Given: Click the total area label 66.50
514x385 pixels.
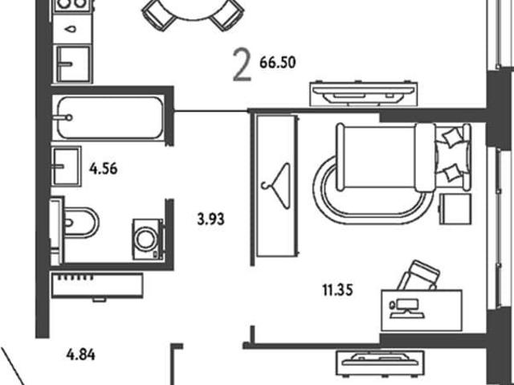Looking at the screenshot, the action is [278, 63].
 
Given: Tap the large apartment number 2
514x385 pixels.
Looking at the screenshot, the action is [243, 64].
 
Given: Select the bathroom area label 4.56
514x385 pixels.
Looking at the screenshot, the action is [104, 169].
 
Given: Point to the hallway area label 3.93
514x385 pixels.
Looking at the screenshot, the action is [210, 219].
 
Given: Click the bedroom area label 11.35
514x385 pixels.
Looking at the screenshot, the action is [337, 290].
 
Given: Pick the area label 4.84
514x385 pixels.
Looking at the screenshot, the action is [80, 354].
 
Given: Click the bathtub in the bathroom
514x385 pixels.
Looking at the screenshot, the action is [110, 117].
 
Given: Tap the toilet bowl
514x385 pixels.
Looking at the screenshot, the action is [80, 223].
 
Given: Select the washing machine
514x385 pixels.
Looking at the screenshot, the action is [148, 240].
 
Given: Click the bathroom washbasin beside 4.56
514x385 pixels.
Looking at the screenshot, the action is [66, 166].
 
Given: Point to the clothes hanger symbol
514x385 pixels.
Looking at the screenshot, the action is [276, 186].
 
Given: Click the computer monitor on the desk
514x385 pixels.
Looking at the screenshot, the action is [406, 309].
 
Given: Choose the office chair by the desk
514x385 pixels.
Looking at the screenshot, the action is [419, 275].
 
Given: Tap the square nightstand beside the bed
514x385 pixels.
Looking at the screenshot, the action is [455, 209].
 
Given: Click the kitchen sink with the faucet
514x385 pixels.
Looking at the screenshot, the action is [73, 63].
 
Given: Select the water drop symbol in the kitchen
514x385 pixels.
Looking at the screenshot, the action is [71, 29].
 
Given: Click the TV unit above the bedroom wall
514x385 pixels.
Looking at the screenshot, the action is [364, 93].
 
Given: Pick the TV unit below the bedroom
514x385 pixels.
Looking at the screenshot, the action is [380, 363].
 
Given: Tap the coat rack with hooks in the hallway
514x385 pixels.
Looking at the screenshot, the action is [97, 286].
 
